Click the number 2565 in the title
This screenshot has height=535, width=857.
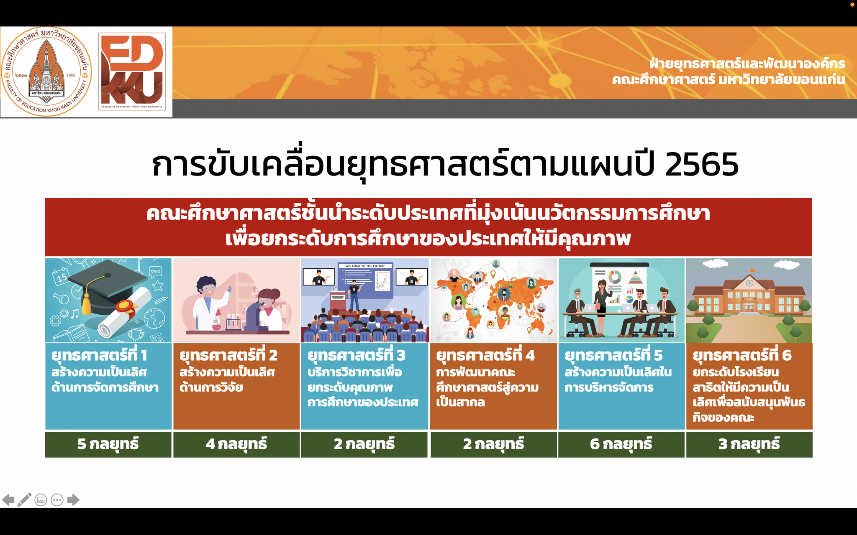(701, 164)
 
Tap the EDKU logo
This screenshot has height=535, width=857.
(132, 71)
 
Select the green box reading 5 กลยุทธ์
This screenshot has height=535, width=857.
(108, 444)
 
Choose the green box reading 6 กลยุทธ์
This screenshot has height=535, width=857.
(621, 444)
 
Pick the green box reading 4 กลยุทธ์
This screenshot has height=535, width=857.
(236, 444)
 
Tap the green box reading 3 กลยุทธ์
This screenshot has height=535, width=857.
(749, 444)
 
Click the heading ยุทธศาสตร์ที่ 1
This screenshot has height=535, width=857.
(99, 355)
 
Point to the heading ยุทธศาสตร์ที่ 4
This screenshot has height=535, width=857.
(485, 355)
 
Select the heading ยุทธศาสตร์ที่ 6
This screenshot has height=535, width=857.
(742, 355)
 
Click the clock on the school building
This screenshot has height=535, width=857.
(749, 283)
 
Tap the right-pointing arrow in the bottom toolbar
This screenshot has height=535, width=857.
(73, 499)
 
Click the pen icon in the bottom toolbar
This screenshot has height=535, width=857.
(24, 500)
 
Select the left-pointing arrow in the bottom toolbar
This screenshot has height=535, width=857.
(8, 499)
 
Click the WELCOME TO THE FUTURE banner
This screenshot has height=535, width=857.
(365, 266)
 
